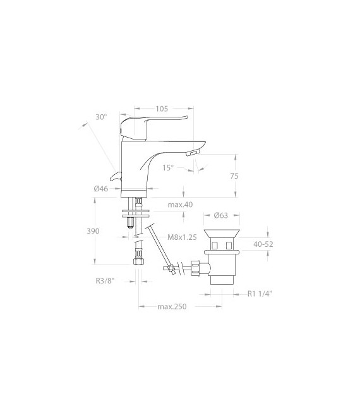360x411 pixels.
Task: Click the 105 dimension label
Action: (x=162, y=109)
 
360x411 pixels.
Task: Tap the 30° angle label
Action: (x=101, y=117)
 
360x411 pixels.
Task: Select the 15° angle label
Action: (x=168, y=167)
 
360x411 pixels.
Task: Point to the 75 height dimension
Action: (x=234, y=176)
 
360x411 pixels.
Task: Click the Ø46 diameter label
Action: (x=101, y=189)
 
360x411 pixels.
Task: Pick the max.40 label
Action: (x=180, y=205)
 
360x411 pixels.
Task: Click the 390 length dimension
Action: (x=93, y=231)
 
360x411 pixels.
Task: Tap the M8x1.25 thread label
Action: (x=182, y=237)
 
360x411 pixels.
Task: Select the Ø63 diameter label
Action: (x=221, y=215)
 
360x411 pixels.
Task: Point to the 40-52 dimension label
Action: (x=263, y=244)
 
